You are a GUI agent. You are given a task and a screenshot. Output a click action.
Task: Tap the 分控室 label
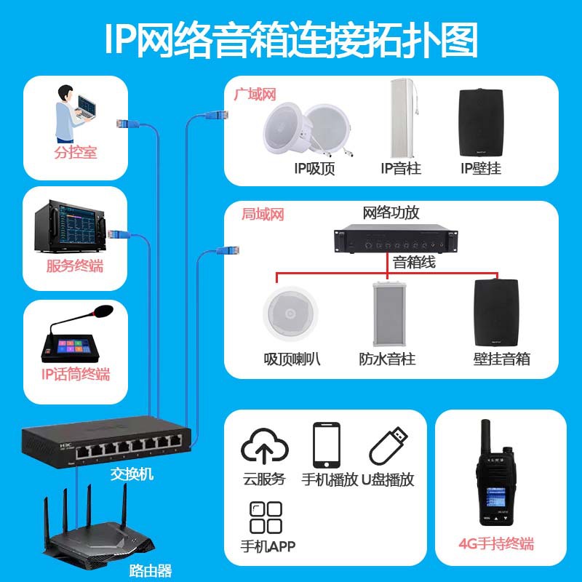coord(75,153)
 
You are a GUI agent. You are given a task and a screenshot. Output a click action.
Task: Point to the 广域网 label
coord(255,95)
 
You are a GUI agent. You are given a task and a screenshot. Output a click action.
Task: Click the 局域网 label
coord(263,215)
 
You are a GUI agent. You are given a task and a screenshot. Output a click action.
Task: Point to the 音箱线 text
coord(414,263)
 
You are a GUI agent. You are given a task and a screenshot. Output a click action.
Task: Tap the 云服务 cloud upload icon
coord(265,445)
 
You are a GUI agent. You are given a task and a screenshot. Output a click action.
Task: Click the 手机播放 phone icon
coord(327,445)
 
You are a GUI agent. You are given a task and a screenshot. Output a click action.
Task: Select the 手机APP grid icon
coord(266,517)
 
